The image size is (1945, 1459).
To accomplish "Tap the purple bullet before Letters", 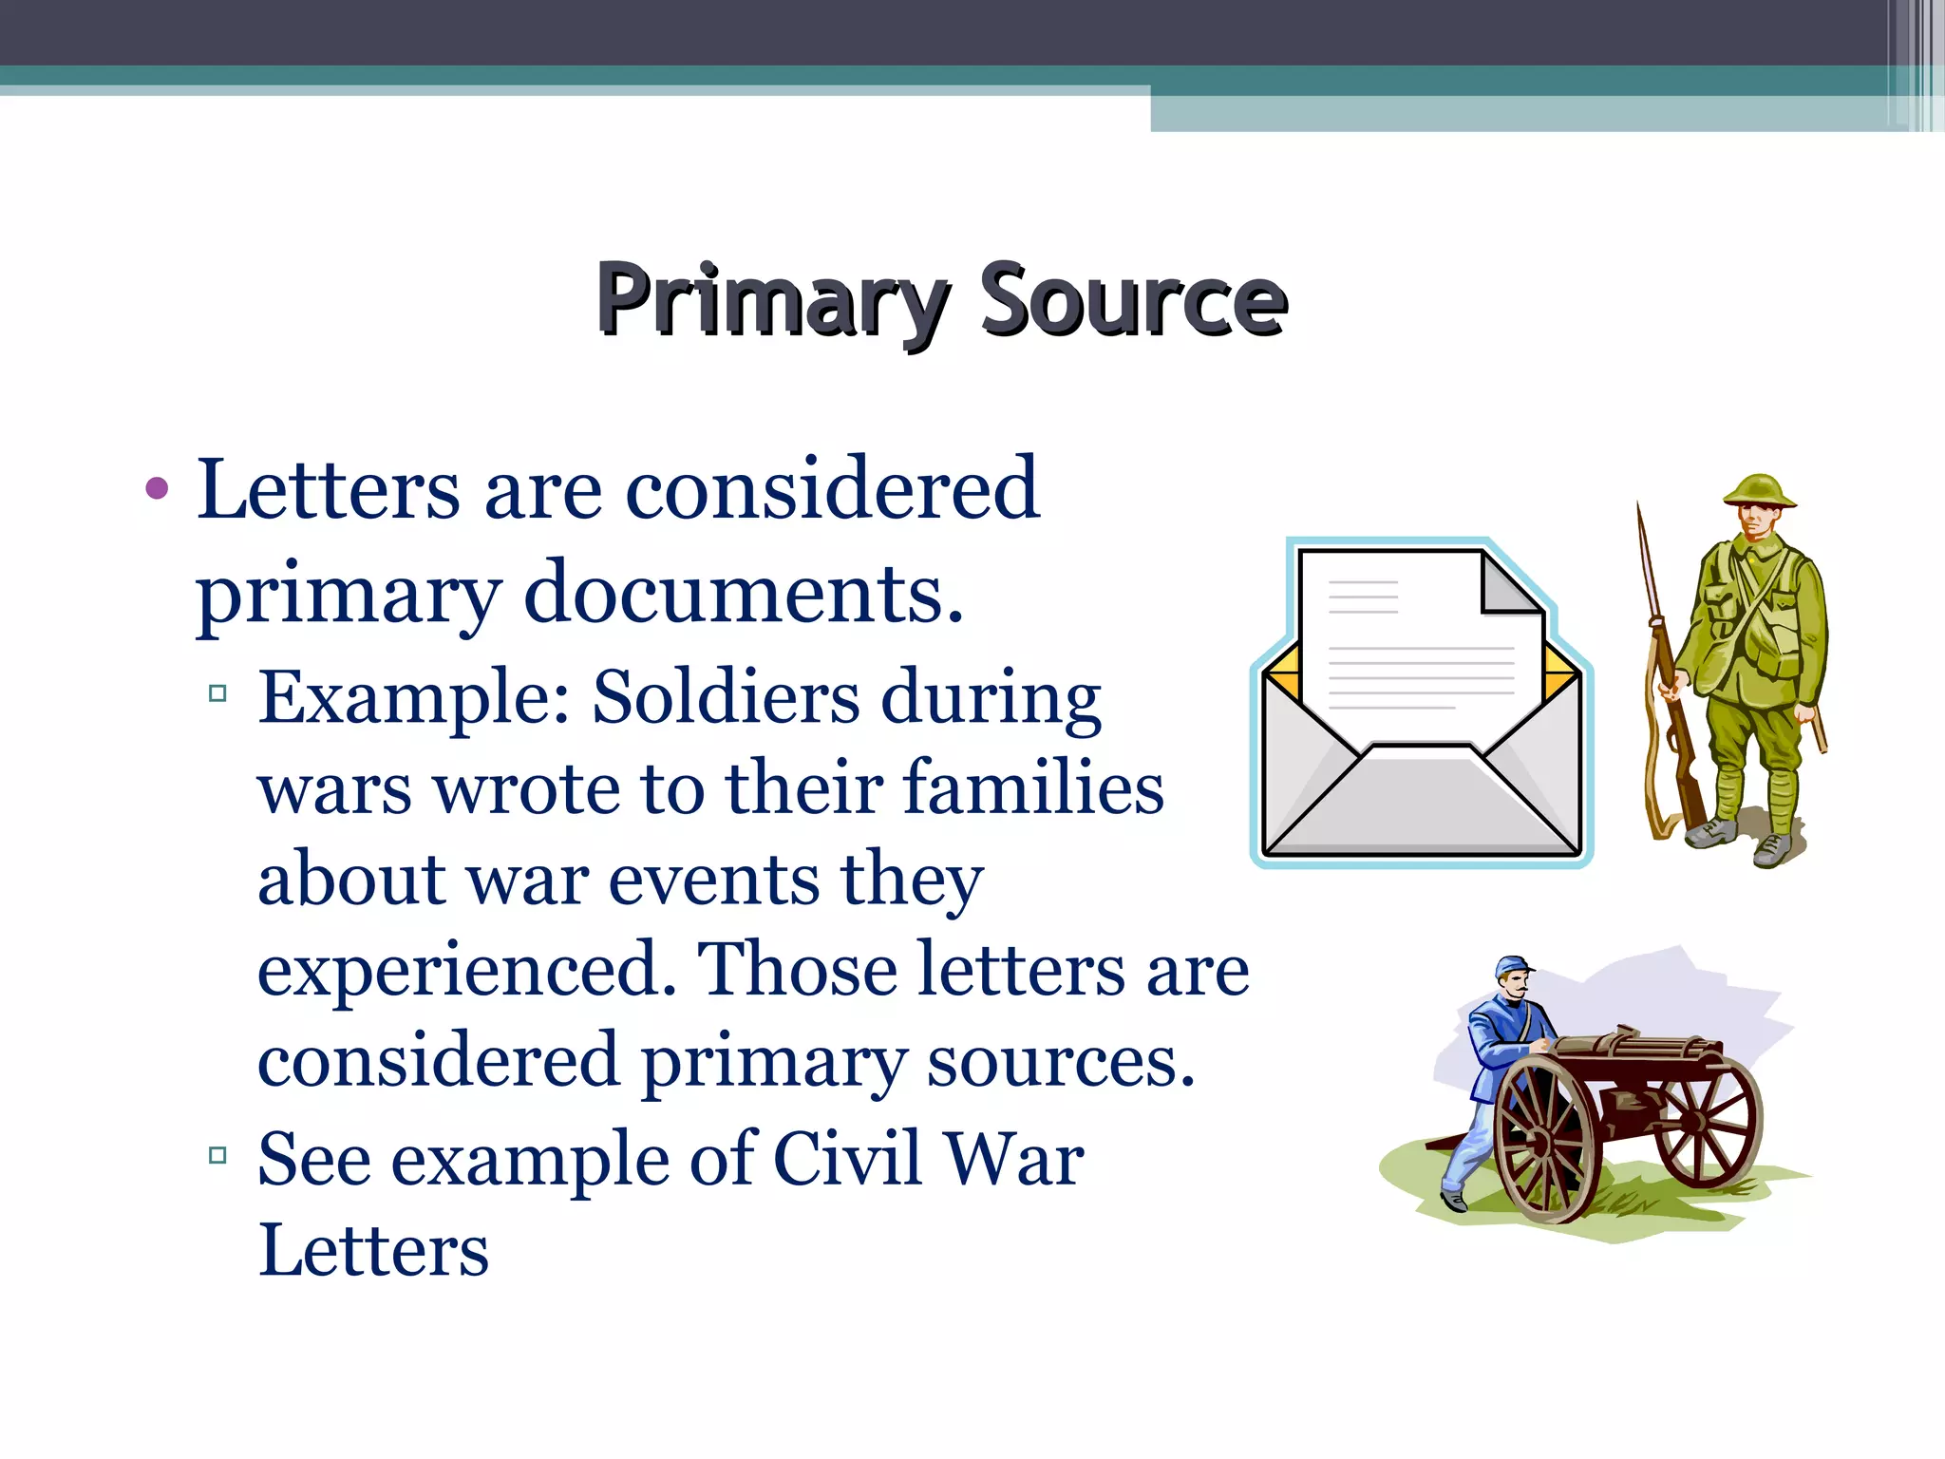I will tap(158, 490).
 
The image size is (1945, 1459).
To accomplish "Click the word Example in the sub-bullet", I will tap(414, 698).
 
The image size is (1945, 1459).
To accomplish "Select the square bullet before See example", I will tap(218, 1156).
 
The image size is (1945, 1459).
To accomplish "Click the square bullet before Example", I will tap(218, 693).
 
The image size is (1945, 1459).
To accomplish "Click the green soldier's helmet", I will tap(1760, 490).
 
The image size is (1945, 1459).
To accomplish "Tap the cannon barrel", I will tap(1633, 1049).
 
